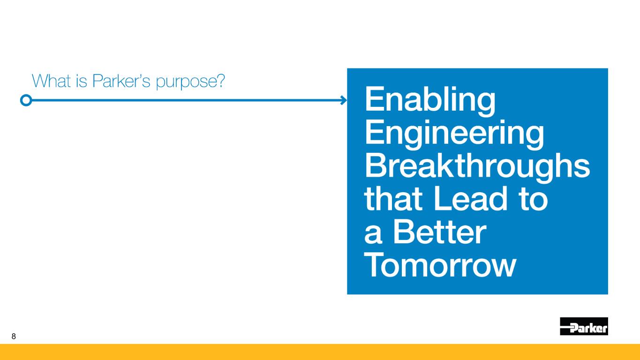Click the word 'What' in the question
pos(51,81)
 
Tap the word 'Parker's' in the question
pos(121,81)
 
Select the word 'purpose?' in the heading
pos(190,82)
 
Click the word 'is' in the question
pos(82,81)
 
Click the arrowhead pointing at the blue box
pos(344,100)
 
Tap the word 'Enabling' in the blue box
pos(430,101)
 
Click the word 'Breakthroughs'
pos(477,167)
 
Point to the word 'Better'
pos(440,232)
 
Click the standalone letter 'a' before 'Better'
pos(373,234)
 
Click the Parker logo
pos(584,326)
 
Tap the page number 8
pos(14,336)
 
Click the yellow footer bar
pos(320,352)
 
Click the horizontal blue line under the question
pos(186,100)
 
